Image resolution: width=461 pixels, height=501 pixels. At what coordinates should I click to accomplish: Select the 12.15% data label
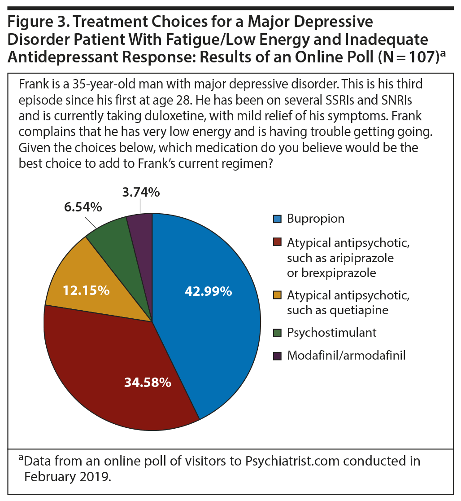(86, 290)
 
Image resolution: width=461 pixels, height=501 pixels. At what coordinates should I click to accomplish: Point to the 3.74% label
(140, 192)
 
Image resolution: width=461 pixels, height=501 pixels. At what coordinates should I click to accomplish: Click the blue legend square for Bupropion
(278, 219)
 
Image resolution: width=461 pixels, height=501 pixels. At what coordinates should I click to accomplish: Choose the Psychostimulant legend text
(331, 332)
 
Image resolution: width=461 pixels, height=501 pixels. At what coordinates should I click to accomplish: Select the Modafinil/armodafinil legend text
(346, 356)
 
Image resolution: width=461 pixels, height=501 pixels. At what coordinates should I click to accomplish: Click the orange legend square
(278, 295)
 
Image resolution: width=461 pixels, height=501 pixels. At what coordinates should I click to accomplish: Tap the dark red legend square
(278, 243)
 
